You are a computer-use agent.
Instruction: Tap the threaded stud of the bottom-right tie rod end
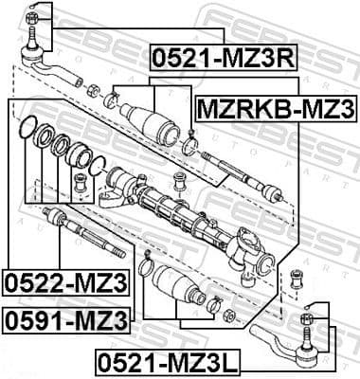[309, 341]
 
